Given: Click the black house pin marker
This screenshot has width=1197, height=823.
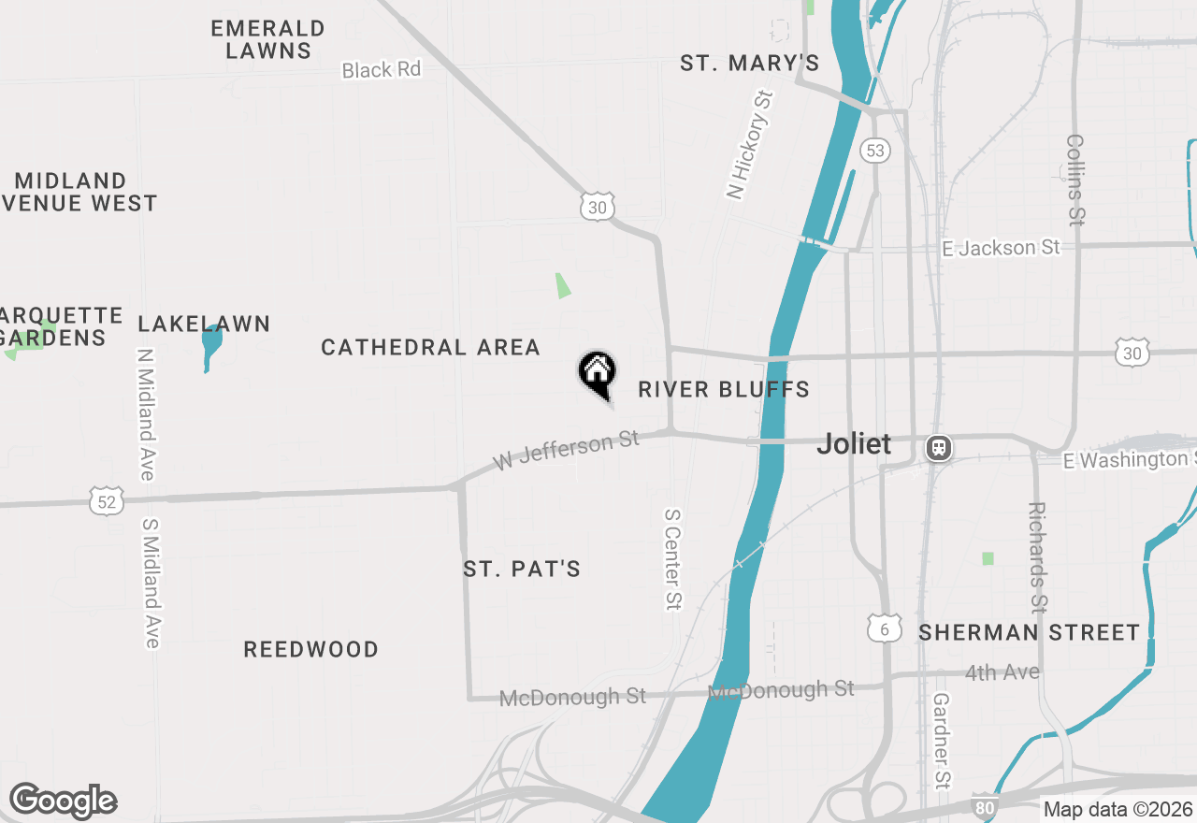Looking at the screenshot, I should coord(597,372).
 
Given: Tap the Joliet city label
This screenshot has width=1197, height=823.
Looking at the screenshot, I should coord(854,443).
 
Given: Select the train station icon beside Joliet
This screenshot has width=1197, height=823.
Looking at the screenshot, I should coord(939,448).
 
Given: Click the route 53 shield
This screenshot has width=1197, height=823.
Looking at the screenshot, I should coord(875,150).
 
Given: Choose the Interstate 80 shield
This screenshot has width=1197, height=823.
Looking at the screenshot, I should coord(983,807).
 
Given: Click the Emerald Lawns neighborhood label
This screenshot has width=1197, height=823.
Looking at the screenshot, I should coord(267,39).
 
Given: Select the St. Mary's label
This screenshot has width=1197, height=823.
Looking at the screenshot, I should coord(749,64).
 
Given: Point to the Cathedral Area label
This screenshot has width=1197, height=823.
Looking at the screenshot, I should coord(430,348).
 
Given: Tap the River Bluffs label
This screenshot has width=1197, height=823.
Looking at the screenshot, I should coord(724,389).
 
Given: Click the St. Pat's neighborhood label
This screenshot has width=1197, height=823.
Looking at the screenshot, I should coord(522,569).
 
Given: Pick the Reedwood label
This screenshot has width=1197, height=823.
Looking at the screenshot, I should coord(310,649).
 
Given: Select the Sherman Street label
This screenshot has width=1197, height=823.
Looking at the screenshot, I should coord(1029,633).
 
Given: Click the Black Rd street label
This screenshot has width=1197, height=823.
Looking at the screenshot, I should coord(381,70).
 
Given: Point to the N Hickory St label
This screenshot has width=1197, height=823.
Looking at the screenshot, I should coord(751,144).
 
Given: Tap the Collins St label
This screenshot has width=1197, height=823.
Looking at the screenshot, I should coord(1074,180).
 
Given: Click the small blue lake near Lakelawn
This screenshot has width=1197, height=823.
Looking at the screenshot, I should coord(211,344).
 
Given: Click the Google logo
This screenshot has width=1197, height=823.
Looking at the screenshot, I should coord(63,801).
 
